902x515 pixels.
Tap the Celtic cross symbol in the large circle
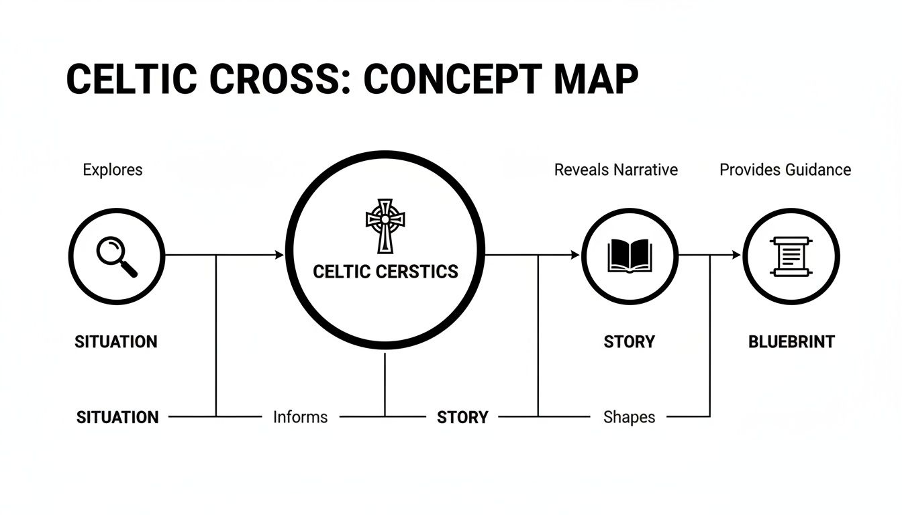[x=385, y=225]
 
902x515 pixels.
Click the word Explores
[x=113, y=170]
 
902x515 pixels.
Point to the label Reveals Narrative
[x=615, y=170]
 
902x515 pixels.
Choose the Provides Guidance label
[x=785, y=170]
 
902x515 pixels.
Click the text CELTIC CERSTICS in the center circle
[x=385, y=272]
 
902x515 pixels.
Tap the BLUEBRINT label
[x=791, y=342]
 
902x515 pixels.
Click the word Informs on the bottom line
[x=300, y=417]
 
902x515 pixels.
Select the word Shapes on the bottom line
[x=629, y=417]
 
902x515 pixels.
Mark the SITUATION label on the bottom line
[x=117, y=417]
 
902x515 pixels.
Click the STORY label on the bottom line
[x=462, y=417]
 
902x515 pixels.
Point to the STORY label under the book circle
[x=629, y=342]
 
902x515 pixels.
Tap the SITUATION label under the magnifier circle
[x=115, y=342]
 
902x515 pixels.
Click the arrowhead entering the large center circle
[x=280, y=255]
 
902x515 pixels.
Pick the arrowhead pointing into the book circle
[x=575, y=255]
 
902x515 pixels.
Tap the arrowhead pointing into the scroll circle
[x=736, y=255]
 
